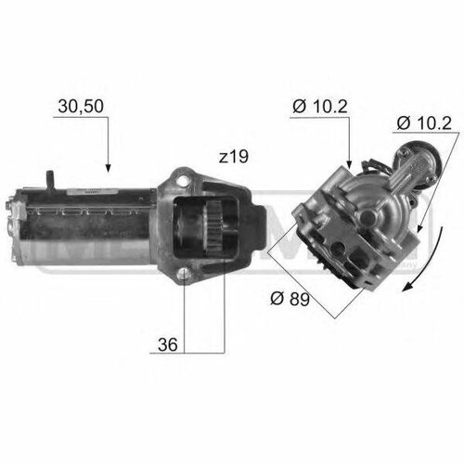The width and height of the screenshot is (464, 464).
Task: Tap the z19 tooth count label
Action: coord(233,158)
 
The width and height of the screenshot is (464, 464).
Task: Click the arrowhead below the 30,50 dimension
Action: coord(108,168)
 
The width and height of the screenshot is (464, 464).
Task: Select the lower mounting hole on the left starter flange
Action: coord(187,273)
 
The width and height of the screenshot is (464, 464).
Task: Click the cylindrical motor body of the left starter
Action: coord(88,227)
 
